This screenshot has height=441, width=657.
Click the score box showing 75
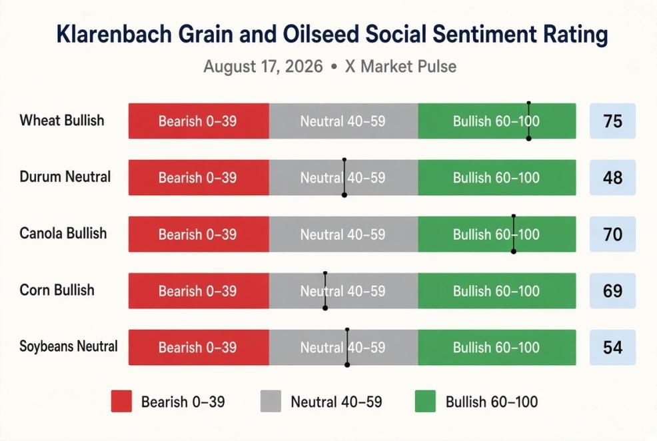coord(612,121)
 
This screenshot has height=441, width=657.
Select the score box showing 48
coord(612,178)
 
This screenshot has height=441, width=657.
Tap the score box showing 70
coord(612,234)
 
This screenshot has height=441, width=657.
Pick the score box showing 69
coord(612,290)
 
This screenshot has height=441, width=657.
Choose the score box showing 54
coord(612,347)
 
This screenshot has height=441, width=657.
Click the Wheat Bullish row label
coord(62,121)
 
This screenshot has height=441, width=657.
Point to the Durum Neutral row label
coord(65,177)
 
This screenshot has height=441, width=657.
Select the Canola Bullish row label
coord(63,233)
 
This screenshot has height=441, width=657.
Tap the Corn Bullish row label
coord(57,290)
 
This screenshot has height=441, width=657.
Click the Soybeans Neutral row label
coord(69,346)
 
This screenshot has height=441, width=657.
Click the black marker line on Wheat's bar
coord(529,121)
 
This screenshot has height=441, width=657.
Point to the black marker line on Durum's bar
coord(344,178)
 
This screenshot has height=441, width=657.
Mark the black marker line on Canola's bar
coord(514,234)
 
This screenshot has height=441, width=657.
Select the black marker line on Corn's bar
coord(325,290)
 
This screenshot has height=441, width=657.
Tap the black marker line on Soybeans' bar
coord(347,347)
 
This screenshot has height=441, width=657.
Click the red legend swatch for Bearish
coord(121,401)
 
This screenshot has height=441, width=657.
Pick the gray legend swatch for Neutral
coord(271,401)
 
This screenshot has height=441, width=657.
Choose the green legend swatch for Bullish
coord(425,401)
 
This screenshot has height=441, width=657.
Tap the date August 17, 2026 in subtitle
coord(263,67)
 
